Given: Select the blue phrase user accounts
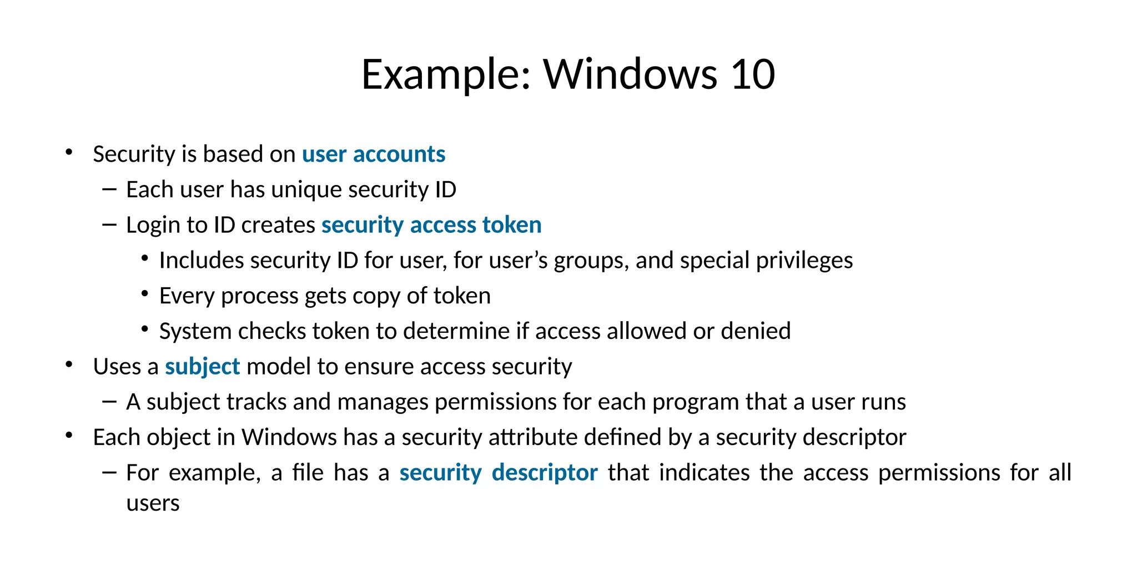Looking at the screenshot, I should click(x=374, y=154).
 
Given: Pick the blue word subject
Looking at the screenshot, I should click(x=203, y=367).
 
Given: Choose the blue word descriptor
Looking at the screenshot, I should click(x=545, y=473).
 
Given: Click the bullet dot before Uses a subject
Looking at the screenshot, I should click(x=69, y=365).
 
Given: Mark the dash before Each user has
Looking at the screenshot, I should click(x=109, y=189).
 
